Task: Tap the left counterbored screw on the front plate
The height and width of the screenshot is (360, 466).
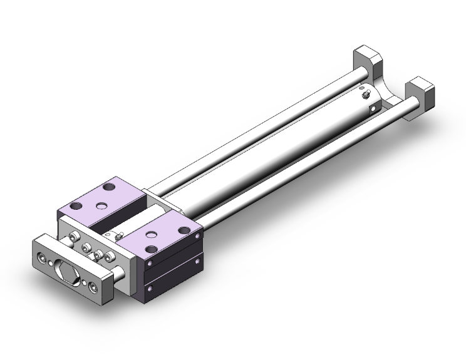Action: click(x=42, y=257)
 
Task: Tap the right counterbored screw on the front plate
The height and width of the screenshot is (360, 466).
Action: click(x=93, y=286)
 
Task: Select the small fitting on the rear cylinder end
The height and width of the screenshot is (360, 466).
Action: click(x=366, y=96)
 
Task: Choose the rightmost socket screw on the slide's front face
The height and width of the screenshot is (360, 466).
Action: click(x=112, y=257)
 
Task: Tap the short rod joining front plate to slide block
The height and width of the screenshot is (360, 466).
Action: click(x=120, y=272)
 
